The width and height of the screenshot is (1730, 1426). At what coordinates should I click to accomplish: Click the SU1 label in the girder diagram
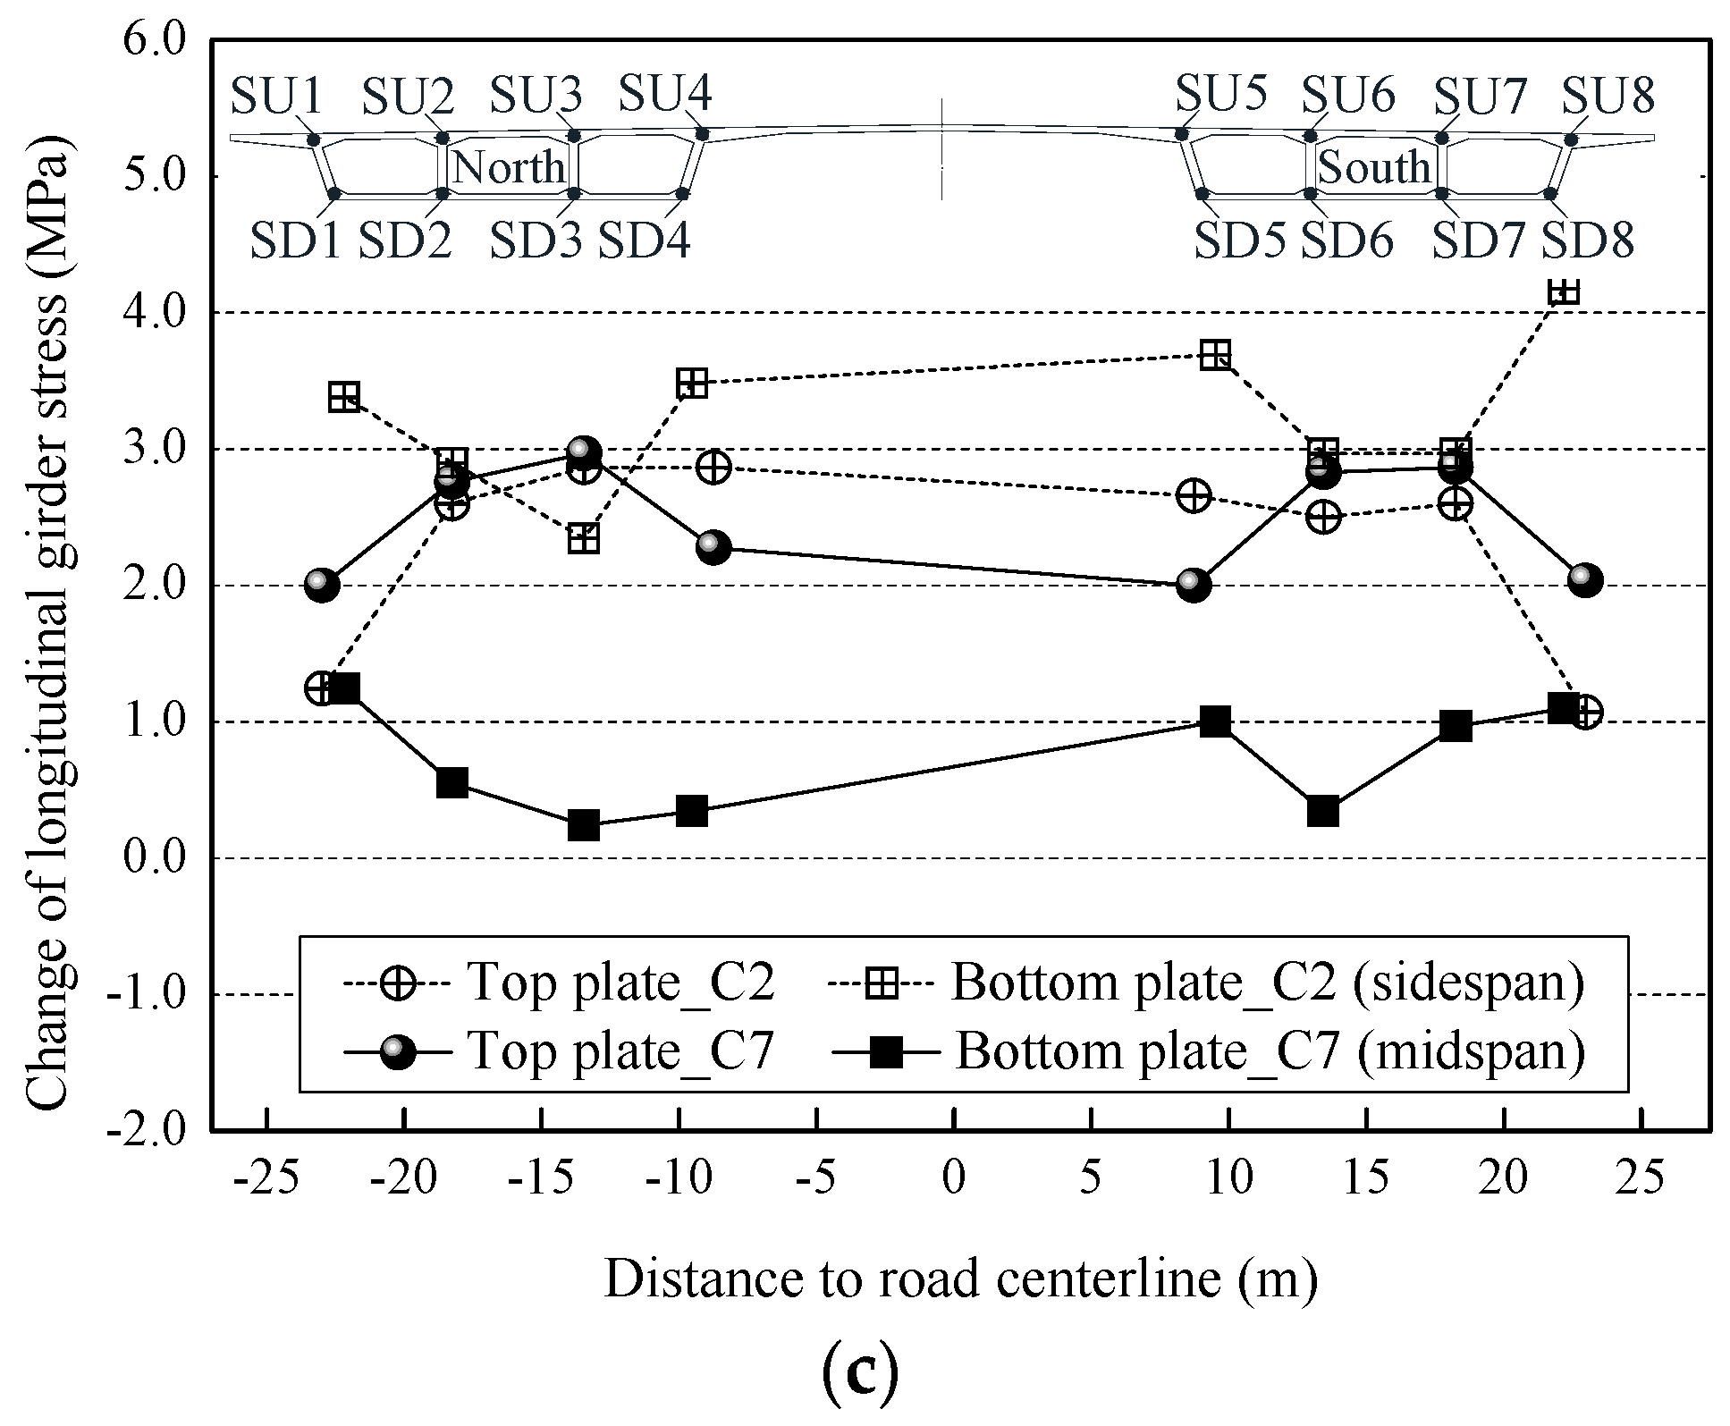(275, 96)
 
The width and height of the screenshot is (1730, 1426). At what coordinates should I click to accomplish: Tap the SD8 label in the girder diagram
(1588, 240)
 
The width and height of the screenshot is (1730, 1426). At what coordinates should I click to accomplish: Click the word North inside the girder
(509, 167)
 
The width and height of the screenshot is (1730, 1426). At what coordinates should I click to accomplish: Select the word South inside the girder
(1374, 167)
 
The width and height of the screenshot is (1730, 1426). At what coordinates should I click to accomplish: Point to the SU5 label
(1220, 92)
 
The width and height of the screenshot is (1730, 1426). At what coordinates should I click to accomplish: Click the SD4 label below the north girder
(644, 240)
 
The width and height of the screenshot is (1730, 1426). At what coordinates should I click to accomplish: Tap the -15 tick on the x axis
(539, 1177)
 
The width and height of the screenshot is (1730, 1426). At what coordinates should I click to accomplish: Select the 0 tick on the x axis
(954, 1177)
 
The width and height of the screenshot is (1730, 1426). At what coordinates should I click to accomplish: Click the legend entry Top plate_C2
(620, 983)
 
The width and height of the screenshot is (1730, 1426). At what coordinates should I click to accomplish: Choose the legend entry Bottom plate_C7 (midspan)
(1270, 1051)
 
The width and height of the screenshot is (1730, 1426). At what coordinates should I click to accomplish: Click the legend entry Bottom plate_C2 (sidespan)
(1267, 983)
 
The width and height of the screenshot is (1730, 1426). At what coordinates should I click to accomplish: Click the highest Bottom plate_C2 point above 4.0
(1564, 292)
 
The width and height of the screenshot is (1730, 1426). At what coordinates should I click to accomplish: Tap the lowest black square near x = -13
(583, 825)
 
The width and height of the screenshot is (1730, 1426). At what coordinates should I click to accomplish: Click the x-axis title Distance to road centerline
(960, 1279)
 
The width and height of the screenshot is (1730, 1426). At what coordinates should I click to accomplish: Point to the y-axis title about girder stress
(46, 623)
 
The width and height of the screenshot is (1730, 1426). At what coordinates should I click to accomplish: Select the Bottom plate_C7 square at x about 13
(1323, 812)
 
